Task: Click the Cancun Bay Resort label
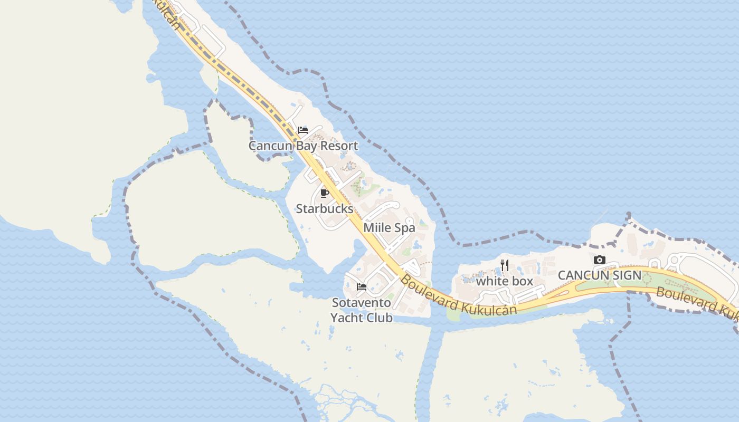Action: (303, 146)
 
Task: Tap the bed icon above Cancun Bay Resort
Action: (303, 130)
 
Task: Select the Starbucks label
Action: (324, 208)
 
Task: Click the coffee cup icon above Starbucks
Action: (325, 193)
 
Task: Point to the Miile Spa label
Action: (389, 228)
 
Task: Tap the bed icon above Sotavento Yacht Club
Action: (362, 287)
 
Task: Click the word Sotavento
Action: (362, 303)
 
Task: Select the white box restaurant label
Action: (505, 281)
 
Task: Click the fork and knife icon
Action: (505, 265)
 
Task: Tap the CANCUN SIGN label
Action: (599, 275)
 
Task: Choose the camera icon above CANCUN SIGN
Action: (599, 260)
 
